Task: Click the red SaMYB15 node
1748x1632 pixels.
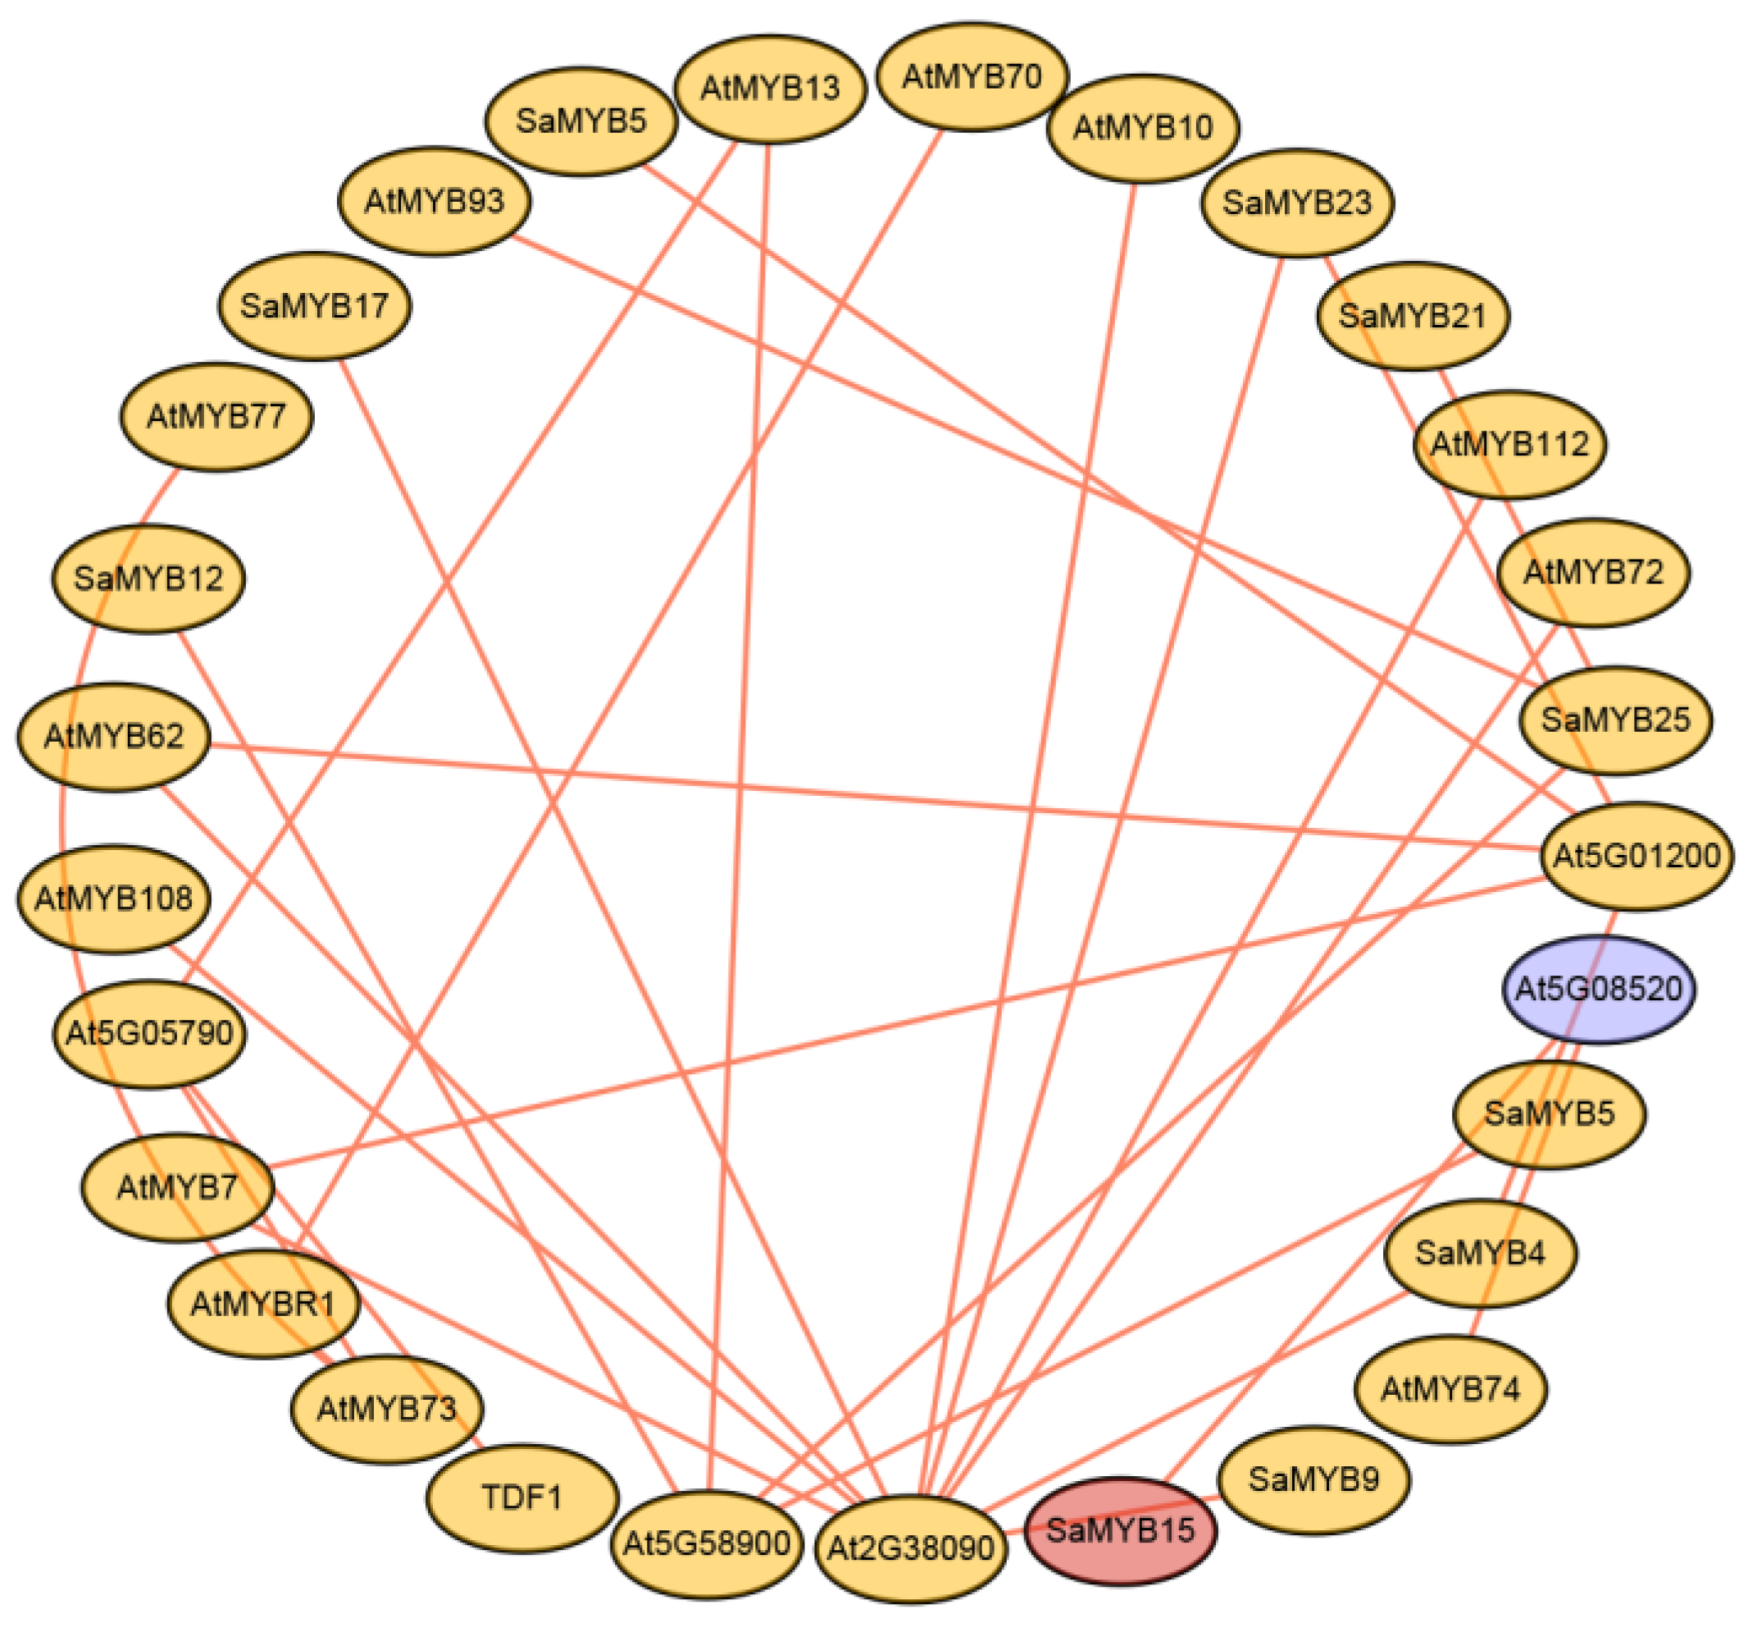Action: pyautogui.click(x=1120, y=1531)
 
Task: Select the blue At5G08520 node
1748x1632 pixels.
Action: pyautogui.click(x=1598, y=989)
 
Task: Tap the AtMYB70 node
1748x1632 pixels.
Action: pyautogui.click(x=972, y=76)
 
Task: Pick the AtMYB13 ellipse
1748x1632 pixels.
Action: pyautogui.click(x=770, y=88)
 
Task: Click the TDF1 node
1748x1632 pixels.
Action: pyautogui.click(x=522, y=1497)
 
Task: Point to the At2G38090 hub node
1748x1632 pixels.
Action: pyautogui.click(x=911, y=1547)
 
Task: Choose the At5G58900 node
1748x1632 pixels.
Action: pyautogui.click(x=707, y=1543)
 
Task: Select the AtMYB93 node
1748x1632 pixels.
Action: pyautogui.click(x=435, y=202)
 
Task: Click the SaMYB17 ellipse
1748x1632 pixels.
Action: pyautogui.click(x=314, y=306)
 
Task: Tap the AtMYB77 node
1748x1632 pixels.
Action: pyautogui.click(x=216, y=415)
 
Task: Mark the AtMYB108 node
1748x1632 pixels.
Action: pyautogui.click(x=113, y=898)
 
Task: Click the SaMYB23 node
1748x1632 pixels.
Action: pyautogui.click(x=1297, y=203)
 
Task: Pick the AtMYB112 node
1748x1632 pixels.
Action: pyautogui.click(x=1509, y=443)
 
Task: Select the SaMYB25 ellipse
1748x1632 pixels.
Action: pyautogui.click(x=1615, y=720)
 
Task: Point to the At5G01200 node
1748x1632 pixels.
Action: pyautogui.click(x=1636, y=855)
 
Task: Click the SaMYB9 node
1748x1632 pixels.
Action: pyautogui.click(x=1313, y=1479)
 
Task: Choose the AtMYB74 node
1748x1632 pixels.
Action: pyautogui.click(x=1451, y=1389)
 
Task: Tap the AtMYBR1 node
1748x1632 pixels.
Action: pyautogui.click(x=264, y=1303)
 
